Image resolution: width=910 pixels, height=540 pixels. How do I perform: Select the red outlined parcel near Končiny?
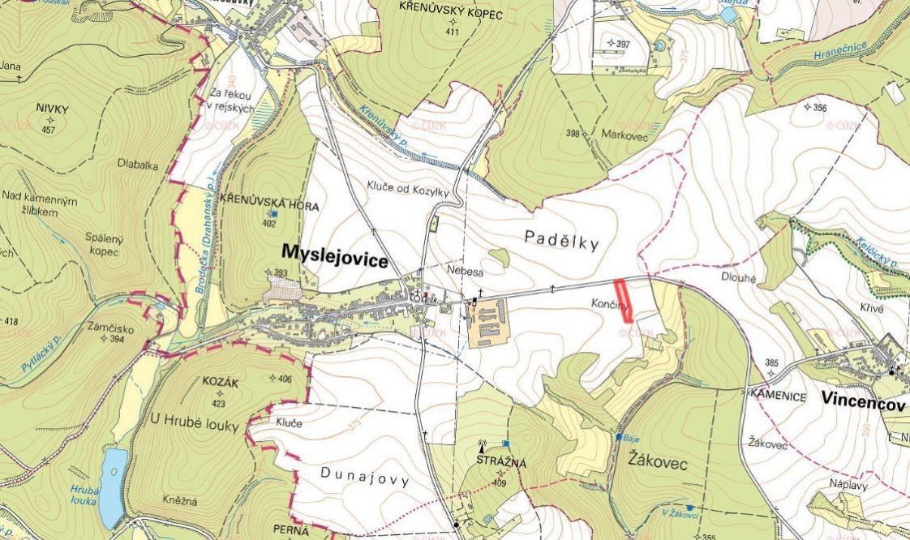pos(623,301)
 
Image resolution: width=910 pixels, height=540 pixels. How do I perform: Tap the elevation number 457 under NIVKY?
pos(48,131)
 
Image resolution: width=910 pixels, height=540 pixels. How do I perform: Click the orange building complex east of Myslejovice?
pos(487,322)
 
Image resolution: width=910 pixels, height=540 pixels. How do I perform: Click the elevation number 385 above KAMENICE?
pos(772,362)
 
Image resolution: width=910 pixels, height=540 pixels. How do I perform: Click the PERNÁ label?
pos(291,530)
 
